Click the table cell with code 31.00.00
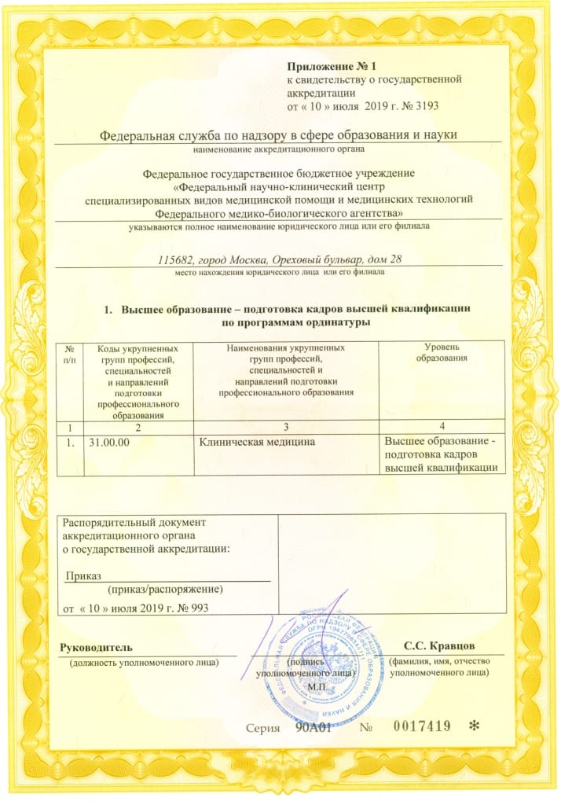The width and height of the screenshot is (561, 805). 110,443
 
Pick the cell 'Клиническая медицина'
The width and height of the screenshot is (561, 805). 251,443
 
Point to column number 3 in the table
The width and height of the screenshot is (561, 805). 286,426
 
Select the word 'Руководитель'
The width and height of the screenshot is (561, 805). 97,647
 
